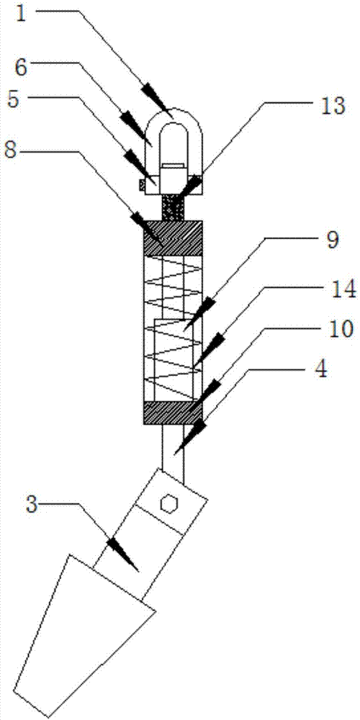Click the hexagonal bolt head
(x=168, y=504)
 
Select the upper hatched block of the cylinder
(x=173, y=238)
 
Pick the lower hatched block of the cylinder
(x=173, y=413)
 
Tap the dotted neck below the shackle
(x=174, y=207)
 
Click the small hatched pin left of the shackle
(x=142, y=184)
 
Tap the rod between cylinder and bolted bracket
(x=174, y=452)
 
